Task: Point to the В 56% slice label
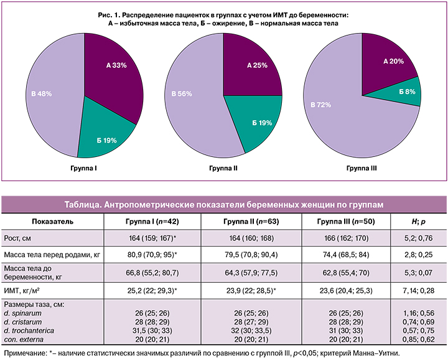tap(180, 93)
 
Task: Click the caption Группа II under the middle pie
tap(223, 168)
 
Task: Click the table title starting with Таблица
tap(224, 204)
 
